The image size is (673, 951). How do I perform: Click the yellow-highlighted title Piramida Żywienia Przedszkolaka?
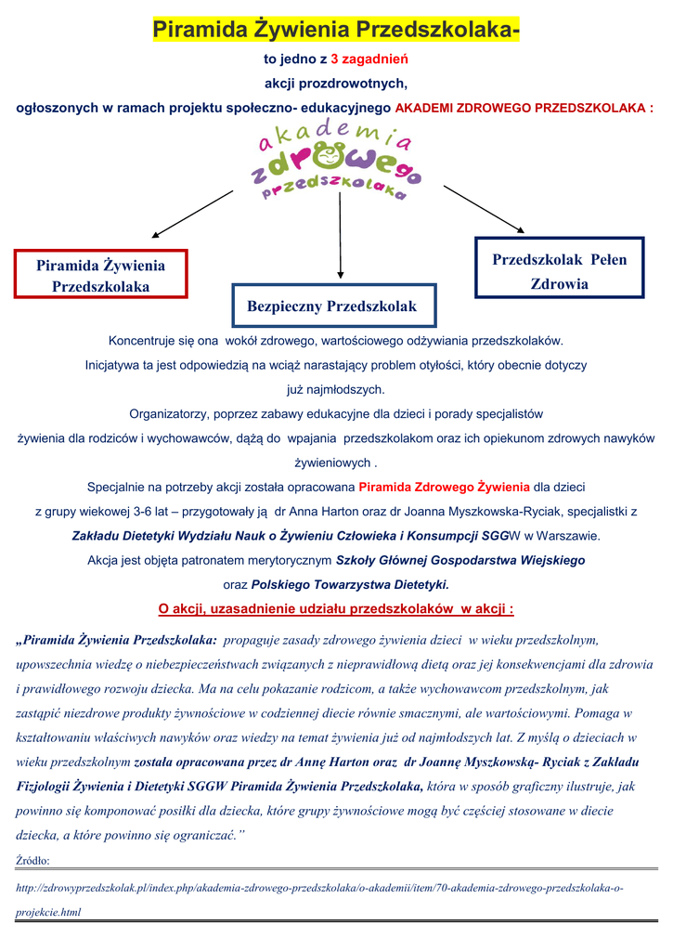point(335,31)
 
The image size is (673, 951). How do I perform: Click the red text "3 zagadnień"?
point(369,59)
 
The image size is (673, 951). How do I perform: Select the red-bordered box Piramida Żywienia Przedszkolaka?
point(101,276)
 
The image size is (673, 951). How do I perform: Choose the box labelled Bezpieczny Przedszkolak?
point(331,306)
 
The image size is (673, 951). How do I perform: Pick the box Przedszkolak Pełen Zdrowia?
point(559,271)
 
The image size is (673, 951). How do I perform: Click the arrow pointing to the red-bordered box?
point(192,215)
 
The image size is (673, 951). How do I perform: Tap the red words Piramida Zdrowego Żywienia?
point(444,487)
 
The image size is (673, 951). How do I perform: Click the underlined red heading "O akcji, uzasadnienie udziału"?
point(336,609)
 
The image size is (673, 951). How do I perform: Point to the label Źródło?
point(33,860)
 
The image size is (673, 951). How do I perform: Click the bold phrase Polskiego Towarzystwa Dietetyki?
point(350,585)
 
